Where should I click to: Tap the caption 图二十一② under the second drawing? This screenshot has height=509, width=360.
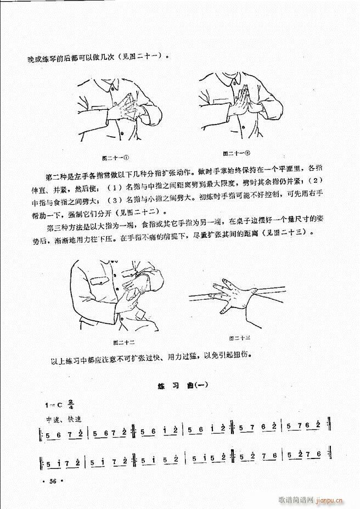[x=236, y=153]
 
